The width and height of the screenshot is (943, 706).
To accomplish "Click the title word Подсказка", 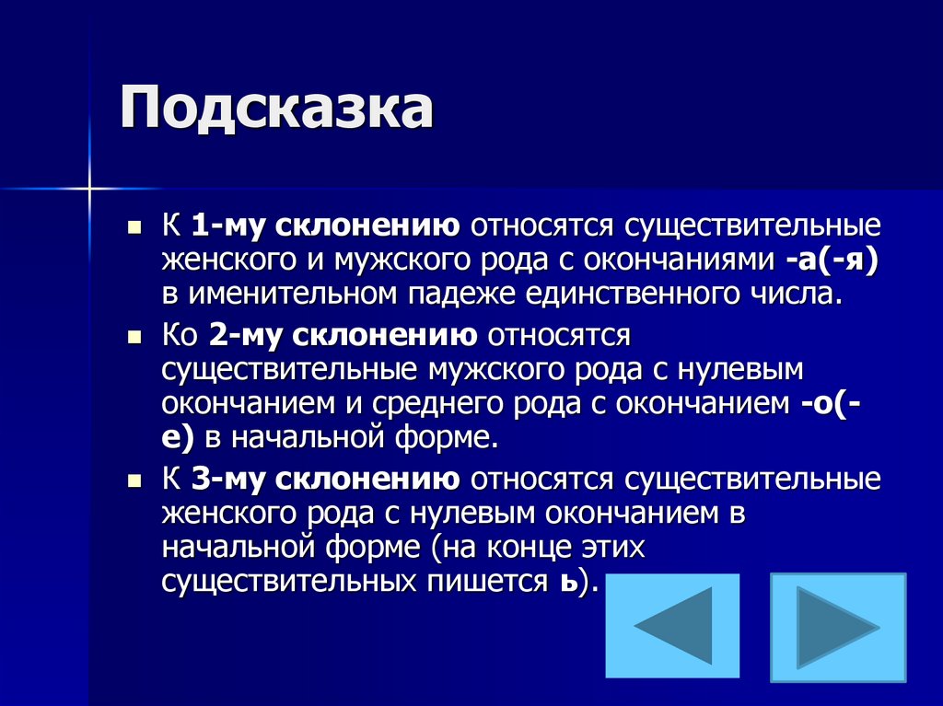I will point(275,109).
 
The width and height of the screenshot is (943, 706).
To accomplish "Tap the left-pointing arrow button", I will point(672,625).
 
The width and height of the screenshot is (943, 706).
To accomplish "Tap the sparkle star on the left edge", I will point(90,189).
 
